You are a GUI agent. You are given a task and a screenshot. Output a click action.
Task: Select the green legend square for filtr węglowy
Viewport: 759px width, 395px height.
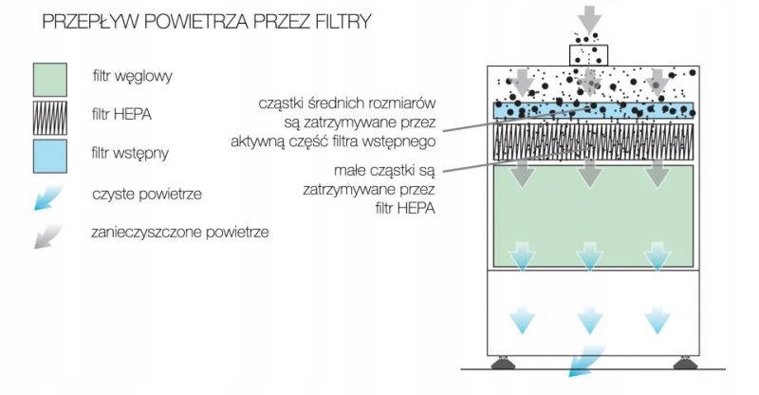click(50, 80)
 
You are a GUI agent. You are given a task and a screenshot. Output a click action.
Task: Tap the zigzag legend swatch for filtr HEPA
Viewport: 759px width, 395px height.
click(50, 118)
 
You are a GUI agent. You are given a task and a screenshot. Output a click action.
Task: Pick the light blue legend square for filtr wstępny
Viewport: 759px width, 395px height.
click(50, 156)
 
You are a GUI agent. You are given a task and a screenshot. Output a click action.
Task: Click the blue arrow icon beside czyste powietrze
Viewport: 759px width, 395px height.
click(47, 197)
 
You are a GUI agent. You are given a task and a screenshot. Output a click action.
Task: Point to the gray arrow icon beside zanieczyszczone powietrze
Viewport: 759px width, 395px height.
click(47, 236)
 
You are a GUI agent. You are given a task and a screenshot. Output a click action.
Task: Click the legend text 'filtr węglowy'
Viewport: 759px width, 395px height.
click(132, 77)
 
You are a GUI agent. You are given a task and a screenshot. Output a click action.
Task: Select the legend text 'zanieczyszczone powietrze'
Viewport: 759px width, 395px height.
click(180, 232)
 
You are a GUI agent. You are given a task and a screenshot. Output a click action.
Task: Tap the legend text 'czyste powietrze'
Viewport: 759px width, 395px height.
click(147, 195)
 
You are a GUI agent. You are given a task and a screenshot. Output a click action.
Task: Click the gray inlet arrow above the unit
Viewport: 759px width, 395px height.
click(589, 19)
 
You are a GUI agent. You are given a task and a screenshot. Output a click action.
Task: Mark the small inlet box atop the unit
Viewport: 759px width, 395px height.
click(588, 55)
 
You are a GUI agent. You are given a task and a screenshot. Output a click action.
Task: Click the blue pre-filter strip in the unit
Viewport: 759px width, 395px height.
click(594, 110)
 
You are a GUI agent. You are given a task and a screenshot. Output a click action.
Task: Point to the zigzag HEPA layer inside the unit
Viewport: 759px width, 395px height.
click(594, 141)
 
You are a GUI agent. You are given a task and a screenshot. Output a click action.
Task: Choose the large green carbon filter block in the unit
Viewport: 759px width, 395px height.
click(594, 216)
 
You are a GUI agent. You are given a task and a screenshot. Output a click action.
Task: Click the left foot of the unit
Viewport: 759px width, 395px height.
click(503, 363)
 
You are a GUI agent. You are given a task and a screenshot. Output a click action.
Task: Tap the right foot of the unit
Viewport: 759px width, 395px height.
click(685, 363)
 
